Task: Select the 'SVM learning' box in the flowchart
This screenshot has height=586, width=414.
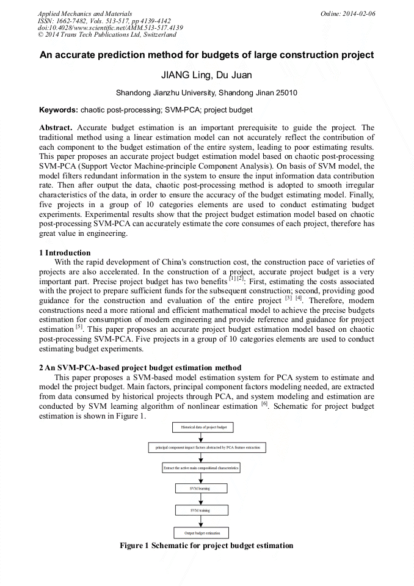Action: (201, 488)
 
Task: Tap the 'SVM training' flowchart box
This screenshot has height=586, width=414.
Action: (201, 510)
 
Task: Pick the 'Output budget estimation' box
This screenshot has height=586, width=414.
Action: (201, 533)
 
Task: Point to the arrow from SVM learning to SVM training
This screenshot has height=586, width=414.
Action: (201, 499)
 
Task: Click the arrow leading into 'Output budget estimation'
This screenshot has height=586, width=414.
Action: (201, 521)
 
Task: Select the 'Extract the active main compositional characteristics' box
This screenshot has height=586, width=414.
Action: (201, 468)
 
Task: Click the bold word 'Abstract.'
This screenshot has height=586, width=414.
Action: (56, 128)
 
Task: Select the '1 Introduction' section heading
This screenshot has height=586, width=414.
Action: (65, 253)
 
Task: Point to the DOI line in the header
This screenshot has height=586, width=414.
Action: (110, 27)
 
